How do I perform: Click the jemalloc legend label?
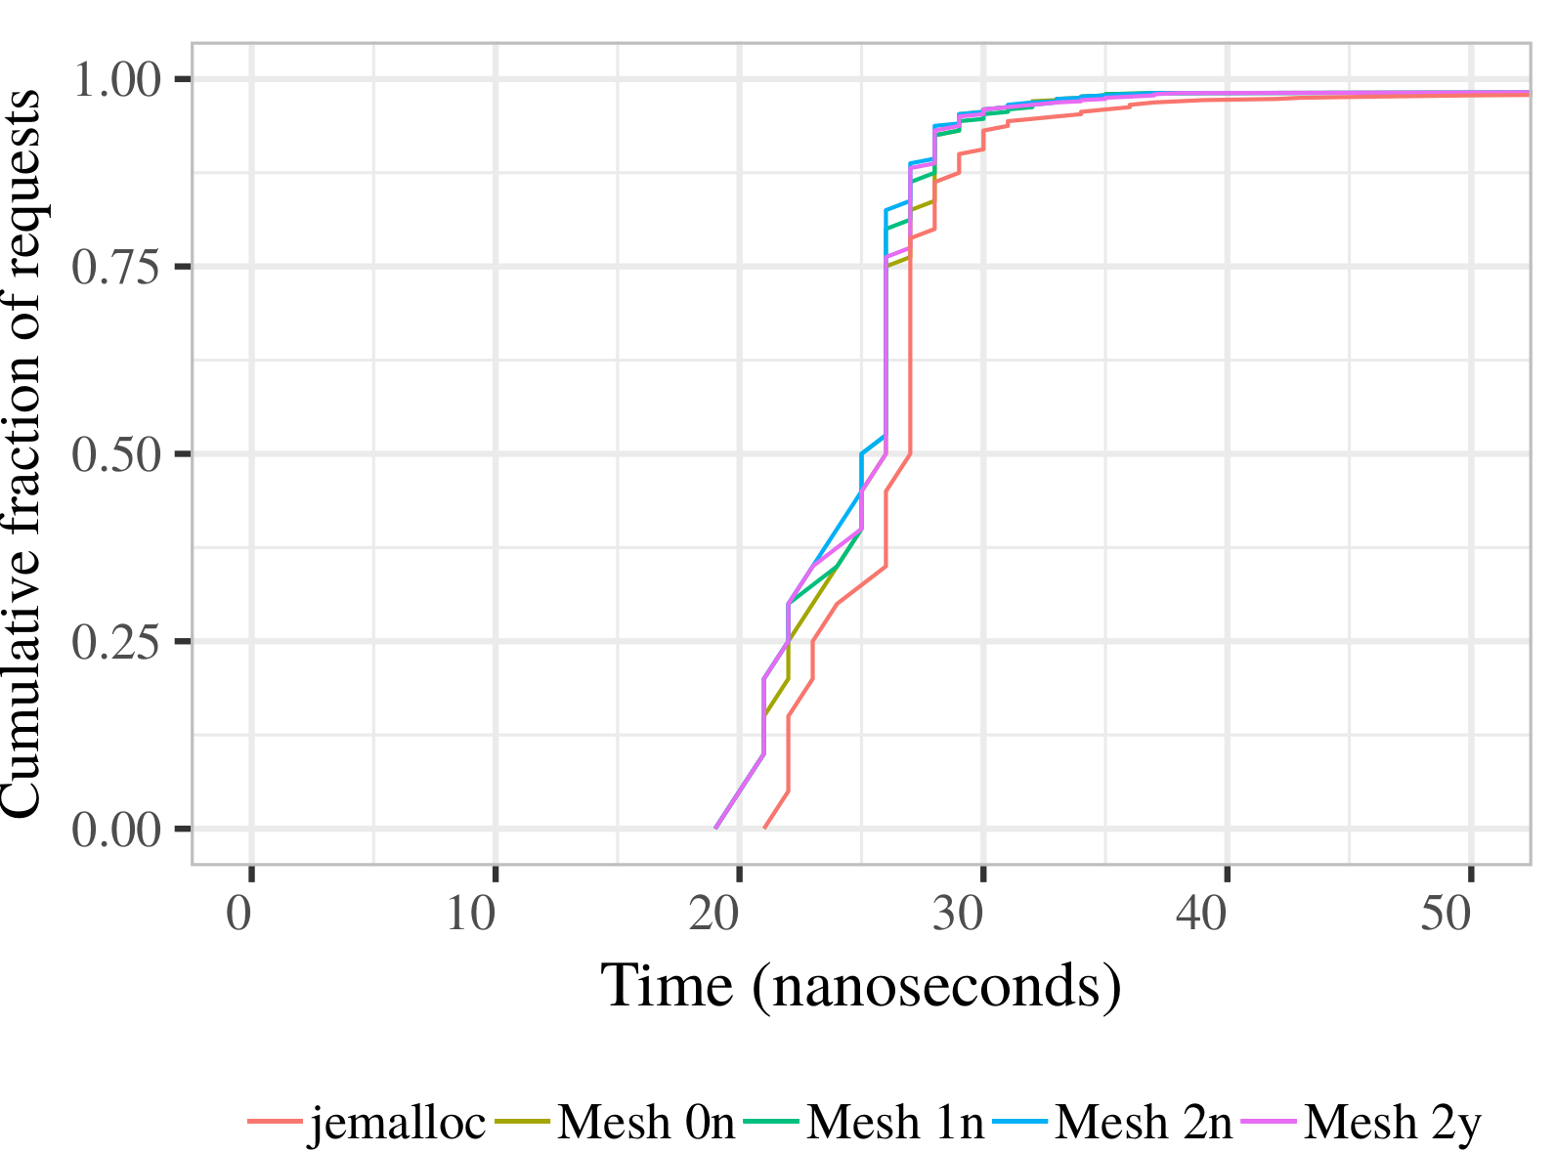pyautogui.click(x=398, y=1123)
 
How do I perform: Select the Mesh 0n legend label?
pyautogui.click(x=645, y=1123)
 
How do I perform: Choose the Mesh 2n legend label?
pyautogui.click(x=1144, y=1123)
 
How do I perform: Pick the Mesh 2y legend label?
pyautogui.click(x=1393, y=1123)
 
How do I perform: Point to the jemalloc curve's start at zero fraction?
pyautogui.click(x=764, y=828)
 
